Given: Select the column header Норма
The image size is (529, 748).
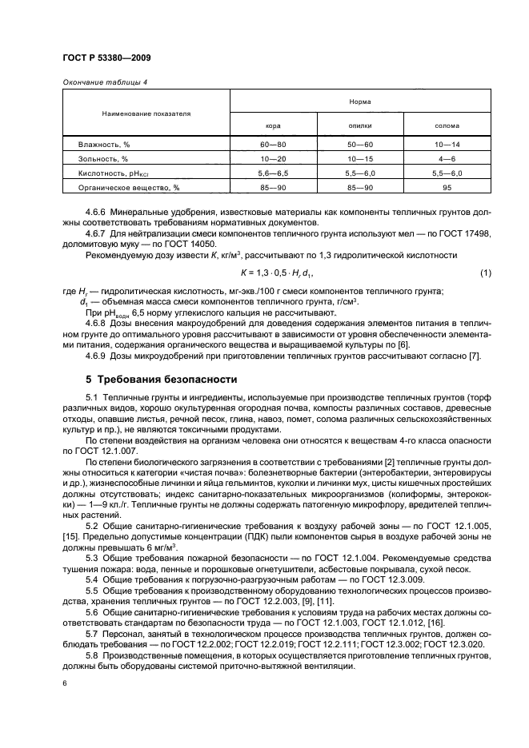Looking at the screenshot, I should [359, 101].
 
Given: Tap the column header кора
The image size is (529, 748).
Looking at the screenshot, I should [273, 125].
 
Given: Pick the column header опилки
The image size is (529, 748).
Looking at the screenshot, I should [359, 125].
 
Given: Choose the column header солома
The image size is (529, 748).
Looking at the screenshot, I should [447, 125].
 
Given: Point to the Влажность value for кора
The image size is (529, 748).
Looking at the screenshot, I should [273, 145].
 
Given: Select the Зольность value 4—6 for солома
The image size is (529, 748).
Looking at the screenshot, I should [447, 158].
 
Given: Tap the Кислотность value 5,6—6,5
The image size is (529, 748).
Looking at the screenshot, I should [273, 172].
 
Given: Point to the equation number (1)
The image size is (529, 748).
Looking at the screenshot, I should [485, 273].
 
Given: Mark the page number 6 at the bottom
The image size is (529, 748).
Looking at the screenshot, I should [65, 684].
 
